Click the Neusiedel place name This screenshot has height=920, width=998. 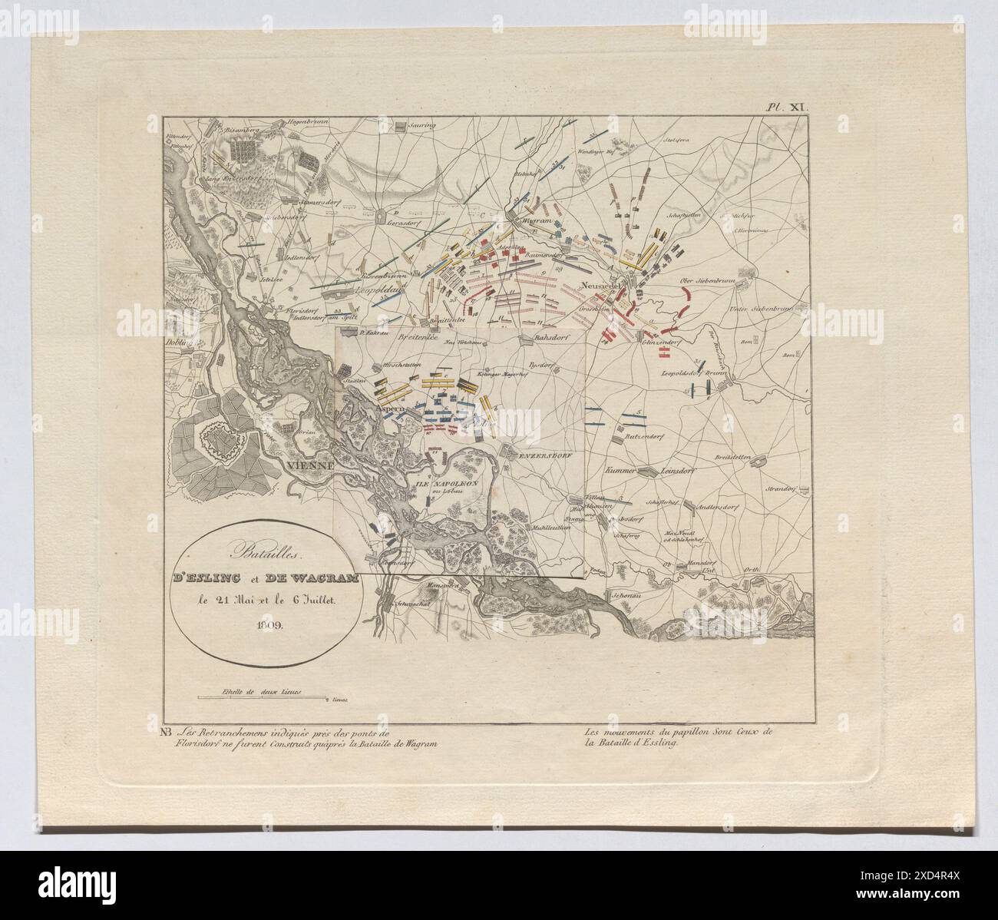(x=600, y=286)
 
